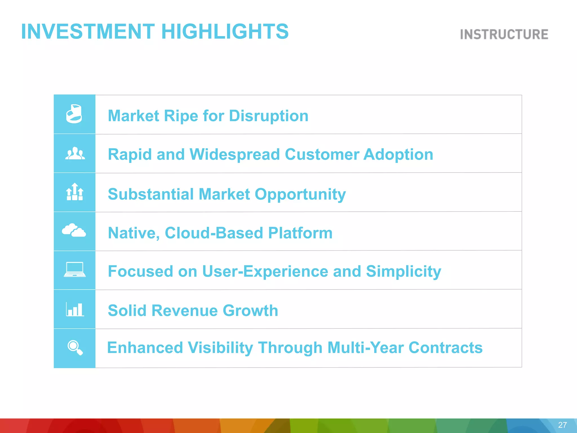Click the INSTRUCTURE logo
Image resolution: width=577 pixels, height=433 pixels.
pyautogui.click(x=504, y=34)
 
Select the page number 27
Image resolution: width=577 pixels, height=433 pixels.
pyautogui.click(x=562, y=425)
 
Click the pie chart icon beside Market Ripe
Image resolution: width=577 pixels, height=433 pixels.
pyautogui.click(x=74, y=114)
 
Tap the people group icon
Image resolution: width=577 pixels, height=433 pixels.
pyautogui.click(x=75, y=154)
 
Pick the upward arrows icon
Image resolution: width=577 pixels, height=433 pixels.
pyautogui.click(x=75, y=192)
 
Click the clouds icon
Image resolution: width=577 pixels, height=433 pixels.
pyautogui.click(x=74, y=230)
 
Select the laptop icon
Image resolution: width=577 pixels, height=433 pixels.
pyautogui.click(x=75, y=269)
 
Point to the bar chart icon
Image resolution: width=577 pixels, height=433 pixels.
pyautogui.click(x=75, y=309)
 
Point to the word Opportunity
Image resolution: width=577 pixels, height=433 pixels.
pyautogui.click(x=300, y=194)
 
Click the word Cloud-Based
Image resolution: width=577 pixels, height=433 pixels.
pyautogui.click(x=214, y=233)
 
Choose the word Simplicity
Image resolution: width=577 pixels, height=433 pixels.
pyautogui.click(x=403, y=271)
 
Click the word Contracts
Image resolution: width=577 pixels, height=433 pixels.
pyautogui.click(x=445, y=347)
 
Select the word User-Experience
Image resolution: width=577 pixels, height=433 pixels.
pyautogui.click(x=265, y=271)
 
